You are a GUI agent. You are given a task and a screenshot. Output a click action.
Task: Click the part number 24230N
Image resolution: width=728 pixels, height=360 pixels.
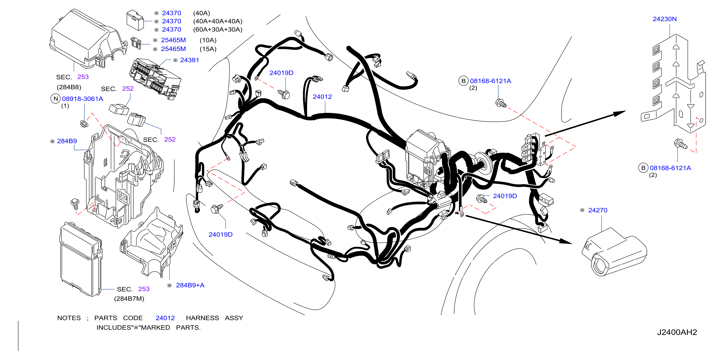coord(664,19)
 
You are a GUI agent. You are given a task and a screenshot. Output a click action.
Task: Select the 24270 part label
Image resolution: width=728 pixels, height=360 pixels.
coord(597,210)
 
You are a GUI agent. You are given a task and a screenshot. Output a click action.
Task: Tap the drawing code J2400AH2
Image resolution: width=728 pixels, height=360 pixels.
coord(677,332)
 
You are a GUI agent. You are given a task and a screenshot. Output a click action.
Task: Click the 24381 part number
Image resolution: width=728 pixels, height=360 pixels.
coord(190,60)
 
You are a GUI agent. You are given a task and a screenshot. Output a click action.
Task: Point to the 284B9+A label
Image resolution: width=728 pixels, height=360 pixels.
coord(190,285)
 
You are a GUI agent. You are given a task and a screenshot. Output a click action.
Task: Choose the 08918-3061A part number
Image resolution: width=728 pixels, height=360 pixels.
coord(82,99)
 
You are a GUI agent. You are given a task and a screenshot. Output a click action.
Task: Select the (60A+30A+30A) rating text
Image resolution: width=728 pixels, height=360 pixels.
coord(218,29)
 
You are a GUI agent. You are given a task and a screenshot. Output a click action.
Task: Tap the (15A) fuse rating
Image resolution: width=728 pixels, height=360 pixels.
coord(208,49)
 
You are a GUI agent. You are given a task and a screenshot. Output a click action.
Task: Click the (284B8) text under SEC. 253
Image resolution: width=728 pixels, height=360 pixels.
coord(69,87)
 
